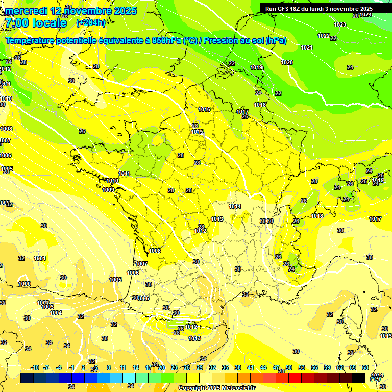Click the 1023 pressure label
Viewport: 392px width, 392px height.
[x=339, y=24]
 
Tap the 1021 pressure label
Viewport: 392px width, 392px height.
[x=306, y=47]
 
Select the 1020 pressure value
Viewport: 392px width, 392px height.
[x=287, y=62]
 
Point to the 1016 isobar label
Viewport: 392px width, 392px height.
[x=204, y=109]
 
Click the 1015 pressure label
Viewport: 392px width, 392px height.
[x=198, y=132]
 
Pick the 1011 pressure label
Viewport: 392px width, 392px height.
[x=124, y=174]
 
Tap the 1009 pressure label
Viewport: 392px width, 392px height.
[x=108, y=190]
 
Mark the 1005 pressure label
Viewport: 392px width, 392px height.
[x=115, y=280]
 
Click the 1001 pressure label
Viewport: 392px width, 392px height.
[x=40, y=258]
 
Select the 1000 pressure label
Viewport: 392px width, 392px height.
[x=24, y=284]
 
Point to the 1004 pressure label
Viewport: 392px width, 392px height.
[x=56, y=313]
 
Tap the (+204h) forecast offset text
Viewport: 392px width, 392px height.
[x=90, y=22]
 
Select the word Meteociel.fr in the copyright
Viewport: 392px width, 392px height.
[x=238, y=388]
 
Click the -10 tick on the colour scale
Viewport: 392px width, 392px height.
[x=35, y=367]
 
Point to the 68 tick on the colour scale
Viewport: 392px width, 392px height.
[x=365, y=367]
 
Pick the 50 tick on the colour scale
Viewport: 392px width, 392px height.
[x=289, y=367]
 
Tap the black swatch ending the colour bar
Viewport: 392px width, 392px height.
[x=359, y=378]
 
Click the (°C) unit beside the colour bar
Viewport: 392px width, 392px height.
[x=375, y=378]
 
